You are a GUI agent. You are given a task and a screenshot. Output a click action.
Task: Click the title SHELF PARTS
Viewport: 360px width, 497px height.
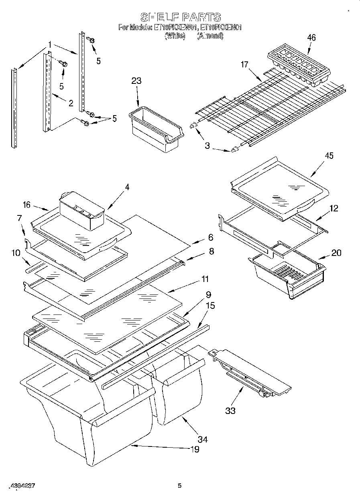pyautogui.click(x=180, y=17)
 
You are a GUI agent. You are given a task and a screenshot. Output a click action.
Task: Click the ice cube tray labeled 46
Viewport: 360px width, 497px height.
pyautogui.click(x=299, y=65)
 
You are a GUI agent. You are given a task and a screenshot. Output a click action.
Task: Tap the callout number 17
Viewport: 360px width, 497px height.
pyautogui.click(x=244, y=64)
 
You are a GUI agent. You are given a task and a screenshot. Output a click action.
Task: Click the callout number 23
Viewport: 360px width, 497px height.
pyautogui.click(x=136, y=81)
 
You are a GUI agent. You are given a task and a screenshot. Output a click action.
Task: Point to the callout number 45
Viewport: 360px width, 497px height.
pyautogui.click(x=329, y=156)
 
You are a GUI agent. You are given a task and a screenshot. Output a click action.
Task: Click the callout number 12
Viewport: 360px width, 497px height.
pyautogui.click(x=334, y=209)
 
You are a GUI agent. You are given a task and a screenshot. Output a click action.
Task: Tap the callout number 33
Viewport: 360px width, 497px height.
pyautogui.click(x=230, y=410)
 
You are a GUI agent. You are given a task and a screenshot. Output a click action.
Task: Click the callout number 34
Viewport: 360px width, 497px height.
pyautogui.click(x=203, y=439)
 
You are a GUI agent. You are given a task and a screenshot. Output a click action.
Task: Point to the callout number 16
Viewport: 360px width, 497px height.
pyautogui.click(x=27, y=205)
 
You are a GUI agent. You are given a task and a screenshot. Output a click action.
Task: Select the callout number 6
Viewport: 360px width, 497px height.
pyautogui.click(x=211, y=237)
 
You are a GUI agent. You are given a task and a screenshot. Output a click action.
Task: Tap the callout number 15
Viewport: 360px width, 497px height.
pyautogui.click(x=210, y=306)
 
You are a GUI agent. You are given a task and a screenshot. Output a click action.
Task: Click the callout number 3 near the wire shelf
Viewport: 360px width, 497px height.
pyautogui.click(x=207, y=146)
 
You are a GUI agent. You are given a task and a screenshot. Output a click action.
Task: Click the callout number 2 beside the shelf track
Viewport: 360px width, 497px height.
pyautogui.click(x=71, y=103)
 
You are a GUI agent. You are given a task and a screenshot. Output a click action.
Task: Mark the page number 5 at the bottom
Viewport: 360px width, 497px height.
pyautogui.click(x=180, y=486)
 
